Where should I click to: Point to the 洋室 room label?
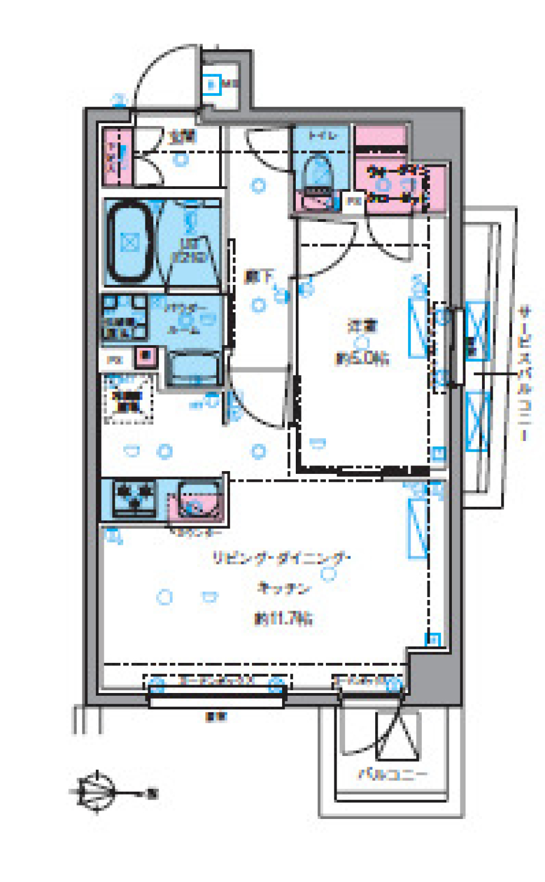[x=362, y=326]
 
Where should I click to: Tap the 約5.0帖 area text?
[x=362, y=358]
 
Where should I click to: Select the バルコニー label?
[x=392, y=774]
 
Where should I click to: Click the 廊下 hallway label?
[x=258, y=276]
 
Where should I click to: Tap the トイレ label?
[x=322, y=136]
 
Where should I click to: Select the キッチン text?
[x=284, y=588]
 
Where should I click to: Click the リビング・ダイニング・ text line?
[x=282, y=558]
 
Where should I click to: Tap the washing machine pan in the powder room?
[x=124, y=317]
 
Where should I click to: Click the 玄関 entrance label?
[x=183, y=137]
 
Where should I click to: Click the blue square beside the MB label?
[x=212, y=86]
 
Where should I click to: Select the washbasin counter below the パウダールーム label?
[x=194, y=369]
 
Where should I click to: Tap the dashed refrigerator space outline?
[x=129, y=400]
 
